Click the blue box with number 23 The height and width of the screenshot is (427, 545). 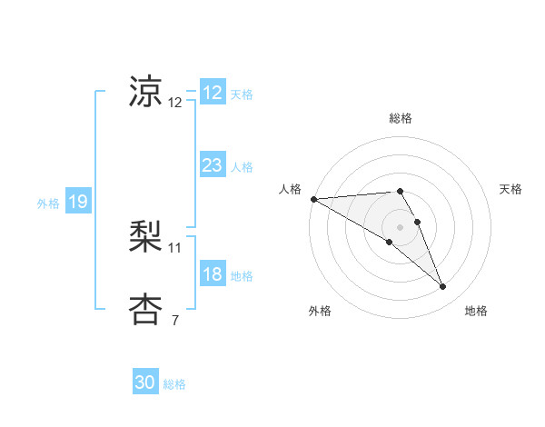coord(212,165)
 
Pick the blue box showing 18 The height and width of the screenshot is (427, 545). coord(212,274)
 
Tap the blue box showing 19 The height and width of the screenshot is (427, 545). coord(77,202)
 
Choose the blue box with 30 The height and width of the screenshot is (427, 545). coord(145,382)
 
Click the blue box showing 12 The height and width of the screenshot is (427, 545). coord(212,93)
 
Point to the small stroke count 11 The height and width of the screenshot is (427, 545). coord(175,247)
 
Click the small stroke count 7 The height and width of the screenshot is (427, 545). coord(175,320)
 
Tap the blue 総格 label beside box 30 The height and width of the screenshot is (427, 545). coord(174,384)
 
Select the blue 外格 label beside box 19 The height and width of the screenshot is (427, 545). coord(48,204)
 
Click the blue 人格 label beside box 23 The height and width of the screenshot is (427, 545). coord(242,167)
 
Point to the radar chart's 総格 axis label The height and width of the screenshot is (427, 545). coord(401,118)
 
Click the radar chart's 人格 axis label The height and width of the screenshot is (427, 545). coord(290,188)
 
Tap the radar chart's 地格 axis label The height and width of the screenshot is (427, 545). coord(476,311)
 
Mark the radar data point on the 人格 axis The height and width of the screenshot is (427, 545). coord(313,198)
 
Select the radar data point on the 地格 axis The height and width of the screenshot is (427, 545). coord(443,287)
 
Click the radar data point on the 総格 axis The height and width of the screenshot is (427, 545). coord(400,191)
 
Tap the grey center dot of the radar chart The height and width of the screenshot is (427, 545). coord(400,226)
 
